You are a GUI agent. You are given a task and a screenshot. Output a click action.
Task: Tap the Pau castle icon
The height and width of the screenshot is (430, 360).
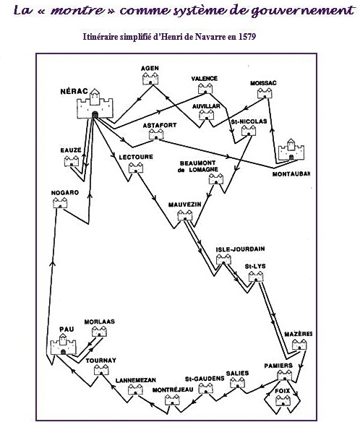63,345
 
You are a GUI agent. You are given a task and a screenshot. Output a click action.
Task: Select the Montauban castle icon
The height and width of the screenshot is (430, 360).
291,150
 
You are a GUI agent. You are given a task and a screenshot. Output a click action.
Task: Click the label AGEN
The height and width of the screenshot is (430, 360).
150,68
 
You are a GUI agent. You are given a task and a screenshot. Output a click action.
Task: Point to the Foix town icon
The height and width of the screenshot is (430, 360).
283,401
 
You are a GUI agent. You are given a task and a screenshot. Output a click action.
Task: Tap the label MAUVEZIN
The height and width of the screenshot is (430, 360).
184,205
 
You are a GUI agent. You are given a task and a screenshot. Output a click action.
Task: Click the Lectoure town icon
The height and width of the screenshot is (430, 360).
136,168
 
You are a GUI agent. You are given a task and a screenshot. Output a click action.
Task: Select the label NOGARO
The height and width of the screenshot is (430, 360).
65,193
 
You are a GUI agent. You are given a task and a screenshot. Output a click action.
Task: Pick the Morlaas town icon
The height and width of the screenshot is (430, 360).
99,332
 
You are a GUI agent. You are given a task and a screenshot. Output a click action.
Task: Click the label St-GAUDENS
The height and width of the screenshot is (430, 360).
205,379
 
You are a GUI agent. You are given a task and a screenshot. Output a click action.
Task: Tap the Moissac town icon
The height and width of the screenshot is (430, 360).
265,93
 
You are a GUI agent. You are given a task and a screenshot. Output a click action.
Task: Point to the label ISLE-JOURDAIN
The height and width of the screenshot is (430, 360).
240,249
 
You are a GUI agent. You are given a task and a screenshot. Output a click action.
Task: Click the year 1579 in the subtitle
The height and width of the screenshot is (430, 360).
247,37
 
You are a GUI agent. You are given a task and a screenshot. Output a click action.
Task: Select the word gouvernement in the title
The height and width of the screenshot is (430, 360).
303,11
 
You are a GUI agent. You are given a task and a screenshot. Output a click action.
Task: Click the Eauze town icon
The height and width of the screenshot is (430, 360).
72,161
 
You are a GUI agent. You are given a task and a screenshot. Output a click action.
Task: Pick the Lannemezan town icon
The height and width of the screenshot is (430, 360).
136,390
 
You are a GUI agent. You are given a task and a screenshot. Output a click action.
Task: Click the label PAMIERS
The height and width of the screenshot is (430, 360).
278,366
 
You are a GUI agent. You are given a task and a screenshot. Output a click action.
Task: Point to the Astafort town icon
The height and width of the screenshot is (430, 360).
156,134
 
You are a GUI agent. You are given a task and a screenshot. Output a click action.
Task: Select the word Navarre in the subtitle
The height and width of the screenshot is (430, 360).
208,37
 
